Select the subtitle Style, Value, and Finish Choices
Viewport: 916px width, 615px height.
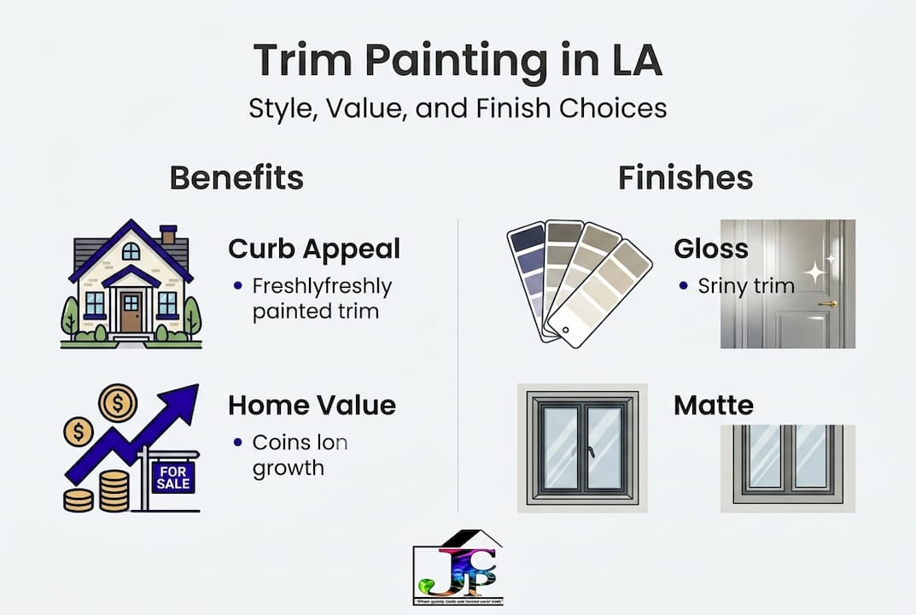(x=458, y=108)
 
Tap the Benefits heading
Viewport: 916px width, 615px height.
(x=236, y=178)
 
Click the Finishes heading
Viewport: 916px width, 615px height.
(x=686, y=178)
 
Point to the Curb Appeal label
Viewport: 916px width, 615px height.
(x=313, y=249)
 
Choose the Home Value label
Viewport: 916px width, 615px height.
(x=312, y=405)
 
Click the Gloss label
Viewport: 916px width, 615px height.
(x=710, y=249)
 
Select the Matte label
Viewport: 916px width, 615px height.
(x=714, y=405)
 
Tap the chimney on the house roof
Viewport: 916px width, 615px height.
(x=168, y=234)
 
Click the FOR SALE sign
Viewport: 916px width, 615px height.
(x=173, y=478)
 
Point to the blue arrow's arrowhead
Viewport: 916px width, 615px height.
(x=182, y=401)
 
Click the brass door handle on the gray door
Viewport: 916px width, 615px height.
(x=827, y=303)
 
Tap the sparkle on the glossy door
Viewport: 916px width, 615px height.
(x=817, y=272)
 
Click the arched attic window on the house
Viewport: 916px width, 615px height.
(x=131, y=251)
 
